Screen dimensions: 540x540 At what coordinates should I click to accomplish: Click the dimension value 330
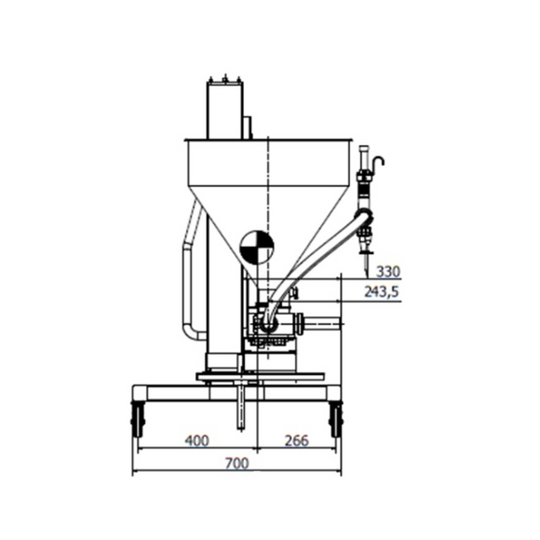point(387,271)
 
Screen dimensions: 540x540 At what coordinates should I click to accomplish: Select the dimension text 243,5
point(381,292)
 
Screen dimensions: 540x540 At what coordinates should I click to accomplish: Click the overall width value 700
point(238,464)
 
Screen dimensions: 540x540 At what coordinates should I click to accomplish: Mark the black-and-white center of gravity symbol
point(257,248)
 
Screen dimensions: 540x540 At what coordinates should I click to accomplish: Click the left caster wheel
point(139,420)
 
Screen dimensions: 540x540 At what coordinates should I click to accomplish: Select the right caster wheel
point(335,420)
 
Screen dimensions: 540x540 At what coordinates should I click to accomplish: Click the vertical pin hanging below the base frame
point(240,405)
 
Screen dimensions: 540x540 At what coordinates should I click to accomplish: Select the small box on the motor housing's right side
point(248,128)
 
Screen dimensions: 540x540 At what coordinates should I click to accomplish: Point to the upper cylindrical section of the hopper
point(270,162)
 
